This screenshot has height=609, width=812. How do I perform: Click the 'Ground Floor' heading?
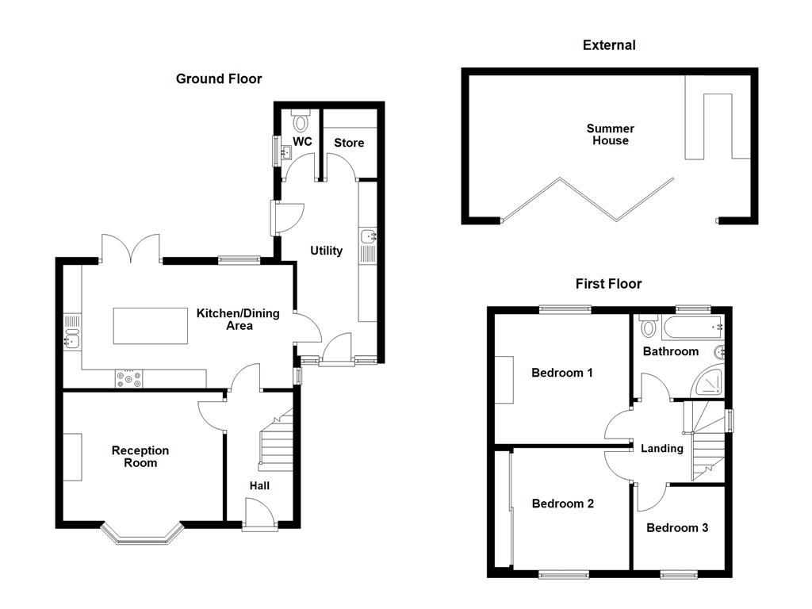click(x=218, y=79)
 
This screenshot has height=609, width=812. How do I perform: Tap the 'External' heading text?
click(x=609, y=45)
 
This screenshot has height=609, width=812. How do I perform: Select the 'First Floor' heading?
click(x=608, y=283)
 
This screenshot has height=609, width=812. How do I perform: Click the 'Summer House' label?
click(x=610, y=135)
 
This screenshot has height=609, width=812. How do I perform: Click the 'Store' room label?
click(x=349, y=143)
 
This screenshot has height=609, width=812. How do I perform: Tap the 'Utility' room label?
click(x=326, y=251)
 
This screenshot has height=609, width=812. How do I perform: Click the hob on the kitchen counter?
click(x=129, y=379)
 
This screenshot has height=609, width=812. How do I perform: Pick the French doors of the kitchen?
click(x=131, y=248)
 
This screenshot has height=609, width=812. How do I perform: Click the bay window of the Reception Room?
click(x=143, y=537)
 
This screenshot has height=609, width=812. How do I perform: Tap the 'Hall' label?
click(x=260, y=485)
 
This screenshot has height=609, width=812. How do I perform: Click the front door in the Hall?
click(x=260, y=513)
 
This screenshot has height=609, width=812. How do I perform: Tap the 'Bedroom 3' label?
click(x=677, y=527)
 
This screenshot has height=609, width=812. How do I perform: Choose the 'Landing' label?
click(x=662, y=448)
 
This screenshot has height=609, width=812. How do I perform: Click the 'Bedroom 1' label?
click(x=562, y=373)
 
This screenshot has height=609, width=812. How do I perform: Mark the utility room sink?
click(x=369, y=236)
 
